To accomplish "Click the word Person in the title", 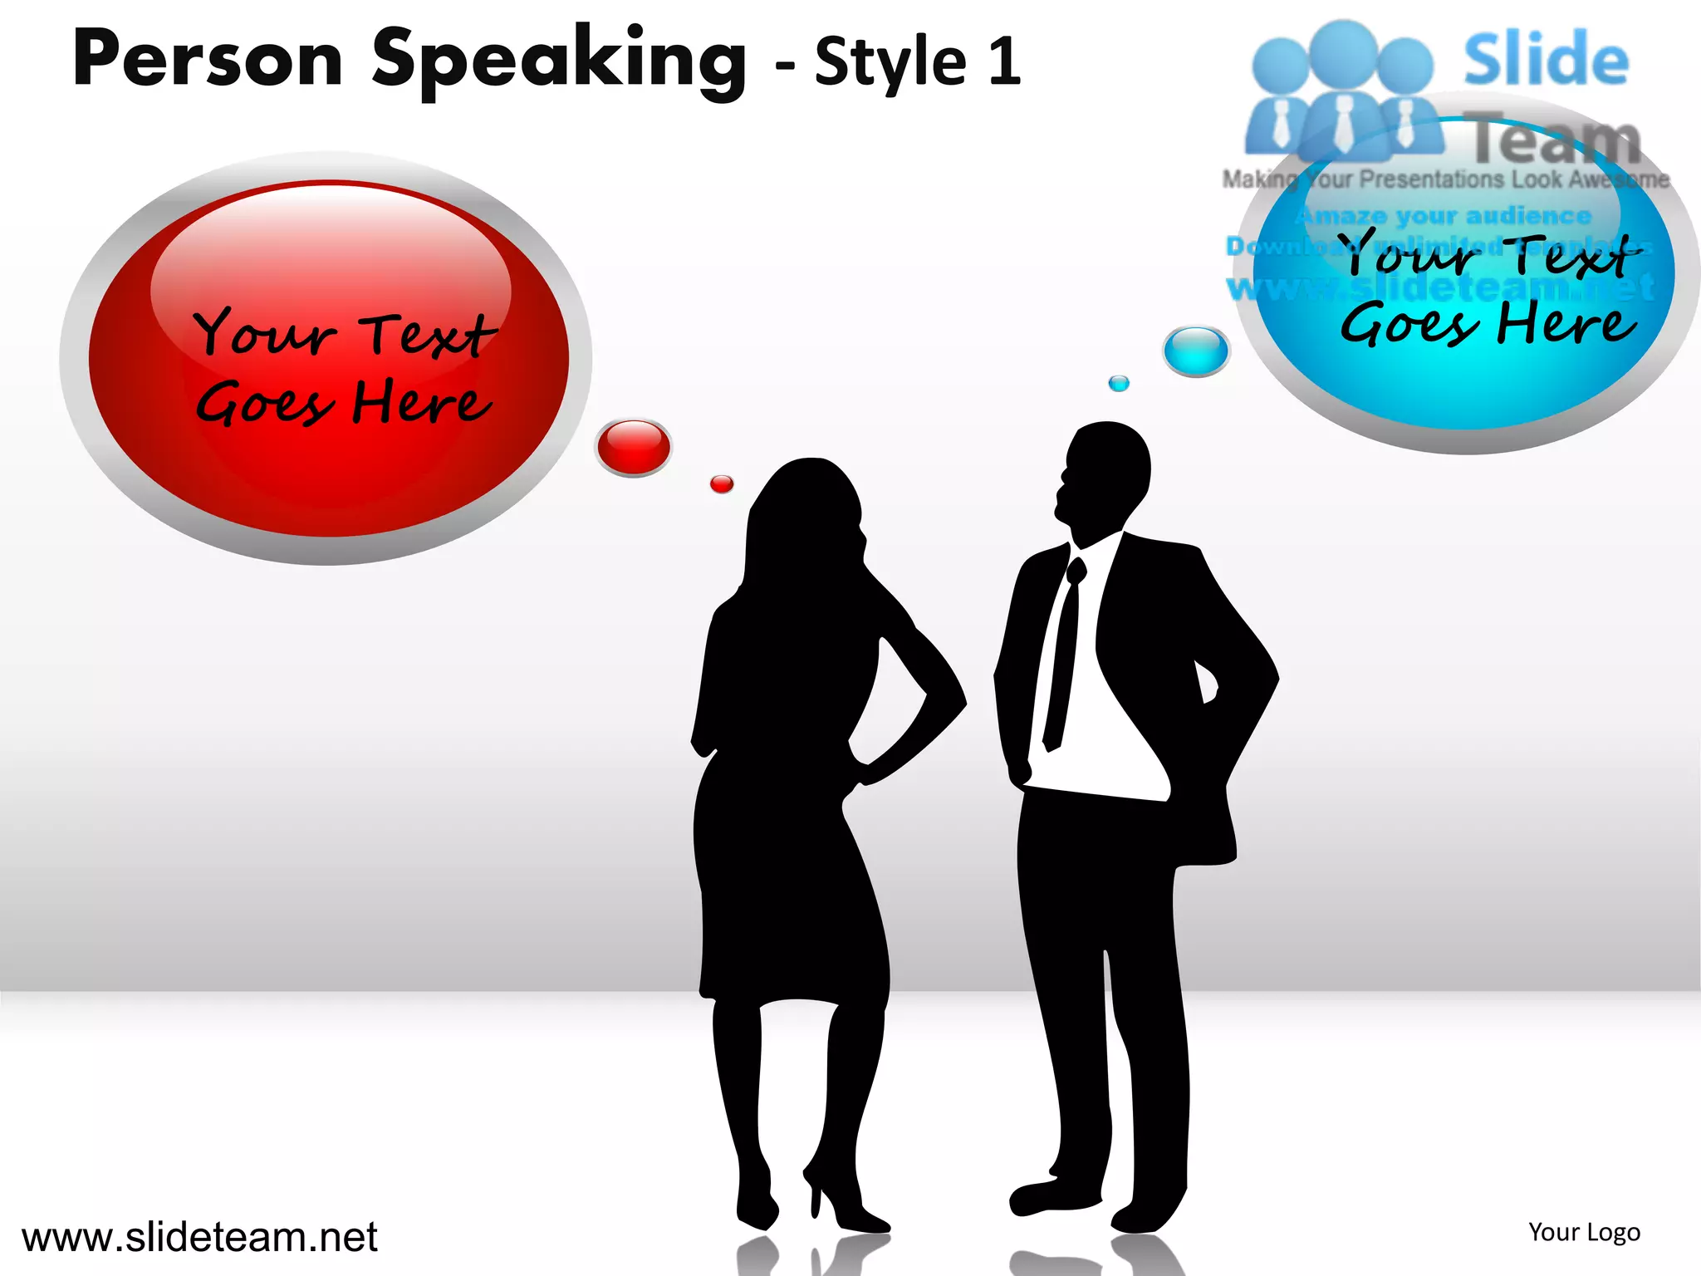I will point(208,60).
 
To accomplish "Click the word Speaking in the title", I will point(558,62).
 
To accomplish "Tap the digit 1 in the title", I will point(1005,62).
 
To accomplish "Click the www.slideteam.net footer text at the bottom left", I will point(199,1237).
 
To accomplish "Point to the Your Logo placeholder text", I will point(1584,1232).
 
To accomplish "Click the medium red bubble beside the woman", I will point(634,446).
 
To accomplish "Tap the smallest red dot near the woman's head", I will point(722,483).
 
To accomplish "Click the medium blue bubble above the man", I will point(1195,350).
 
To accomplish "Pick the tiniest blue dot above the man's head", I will point(1119,383).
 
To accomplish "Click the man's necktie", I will point(1064,656).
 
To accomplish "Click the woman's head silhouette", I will point(810,507).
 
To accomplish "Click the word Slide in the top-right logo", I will point(1545,60).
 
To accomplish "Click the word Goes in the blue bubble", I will point(1409,325).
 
